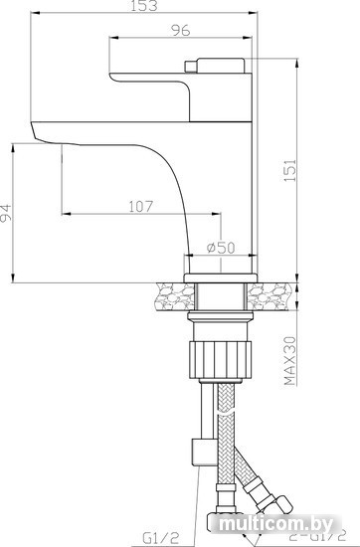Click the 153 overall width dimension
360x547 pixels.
144,6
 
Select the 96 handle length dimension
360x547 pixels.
181,31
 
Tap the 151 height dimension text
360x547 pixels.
289,170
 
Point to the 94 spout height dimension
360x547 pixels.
6,213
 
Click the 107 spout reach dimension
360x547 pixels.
141,206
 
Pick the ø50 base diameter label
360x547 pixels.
221,248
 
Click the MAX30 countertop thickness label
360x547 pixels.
289,361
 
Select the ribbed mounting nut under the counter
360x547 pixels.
220,359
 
